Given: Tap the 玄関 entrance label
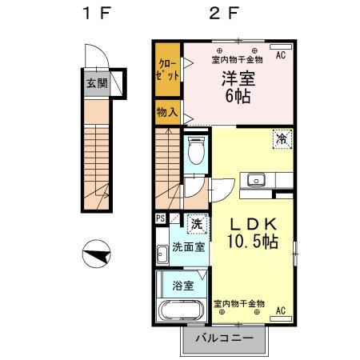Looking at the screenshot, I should [95, 82].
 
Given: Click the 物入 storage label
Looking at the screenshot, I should [166, 114].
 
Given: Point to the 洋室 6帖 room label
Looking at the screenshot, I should [236, 89].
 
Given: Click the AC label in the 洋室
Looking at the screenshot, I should [281, 56].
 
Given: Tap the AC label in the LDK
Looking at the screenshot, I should [281, 310].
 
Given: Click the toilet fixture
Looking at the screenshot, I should [196, 150].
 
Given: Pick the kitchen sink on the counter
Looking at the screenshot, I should [257, 180].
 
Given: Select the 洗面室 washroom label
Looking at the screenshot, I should [188, 246].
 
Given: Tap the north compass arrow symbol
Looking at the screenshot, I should [95, 257].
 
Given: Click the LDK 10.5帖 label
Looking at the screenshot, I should [253, 232].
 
